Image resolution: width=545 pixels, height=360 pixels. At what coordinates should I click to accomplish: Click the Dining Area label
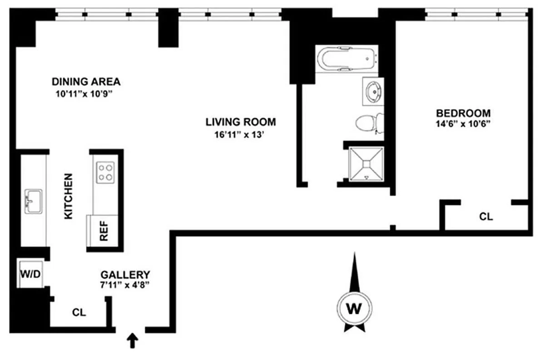pos(86,82)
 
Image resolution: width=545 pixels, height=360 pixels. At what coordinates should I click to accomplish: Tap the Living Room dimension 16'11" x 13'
pos(239,134)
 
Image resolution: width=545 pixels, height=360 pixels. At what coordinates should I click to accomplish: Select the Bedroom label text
pos(463,113)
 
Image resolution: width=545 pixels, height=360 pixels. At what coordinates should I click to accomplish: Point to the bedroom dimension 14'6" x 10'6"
pos(463,124)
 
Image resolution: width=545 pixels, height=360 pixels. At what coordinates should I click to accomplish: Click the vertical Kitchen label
pos(69,196)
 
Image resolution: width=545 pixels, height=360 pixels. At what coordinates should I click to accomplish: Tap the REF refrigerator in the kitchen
pos(103,231)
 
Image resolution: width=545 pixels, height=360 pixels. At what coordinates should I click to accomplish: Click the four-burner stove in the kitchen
pos(105,173)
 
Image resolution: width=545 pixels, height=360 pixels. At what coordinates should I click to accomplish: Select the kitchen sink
pos(33,202)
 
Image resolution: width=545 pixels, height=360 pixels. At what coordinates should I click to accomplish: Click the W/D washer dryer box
pos(30,274)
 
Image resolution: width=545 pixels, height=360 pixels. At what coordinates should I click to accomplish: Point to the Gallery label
pos(125,275)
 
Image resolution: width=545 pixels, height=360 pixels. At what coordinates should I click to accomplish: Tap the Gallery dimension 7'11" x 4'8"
pos(124,285)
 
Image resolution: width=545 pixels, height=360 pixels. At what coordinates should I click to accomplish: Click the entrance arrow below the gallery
pos(132,340)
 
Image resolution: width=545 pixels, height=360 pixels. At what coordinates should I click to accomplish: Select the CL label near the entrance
pos(79,313)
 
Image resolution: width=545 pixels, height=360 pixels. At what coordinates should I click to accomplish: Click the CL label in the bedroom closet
pos(486,217)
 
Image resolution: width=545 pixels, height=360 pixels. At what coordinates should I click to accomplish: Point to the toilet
pos(370,123)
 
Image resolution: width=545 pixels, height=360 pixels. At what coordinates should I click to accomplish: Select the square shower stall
pos(366,164)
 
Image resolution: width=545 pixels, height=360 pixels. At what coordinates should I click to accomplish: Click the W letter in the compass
pos(354,309)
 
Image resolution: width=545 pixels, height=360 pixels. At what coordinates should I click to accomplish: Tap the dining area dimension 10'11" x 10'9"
pos(84,94)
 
